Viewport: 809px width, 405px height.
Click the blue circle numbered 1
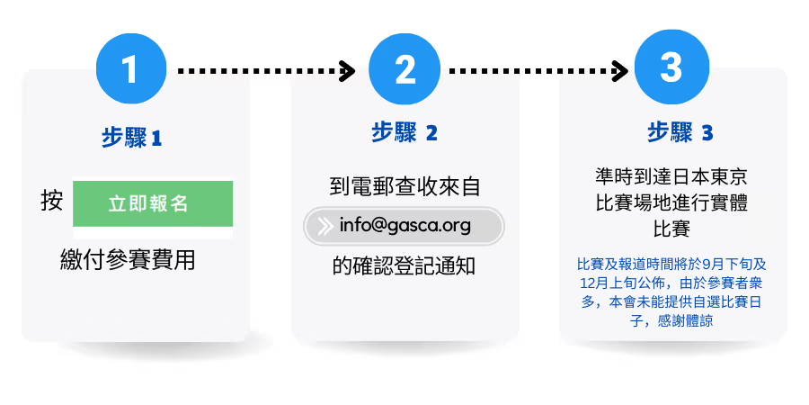[x=131, y=68]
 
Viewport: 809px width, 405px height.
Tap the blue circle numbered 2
[x=404, y=68]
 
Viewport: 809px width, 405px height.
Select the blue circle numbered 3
[x=671, y=67]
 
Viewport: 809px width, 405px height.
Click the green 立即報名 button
[x=153, y=203]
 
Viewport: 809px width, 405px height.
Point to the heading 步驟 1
[x=131, y=138]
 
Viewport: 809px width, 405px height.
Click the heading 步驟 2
[x=404, y=133]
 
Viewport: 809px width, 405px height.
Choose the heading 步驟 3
[x=680, y=133]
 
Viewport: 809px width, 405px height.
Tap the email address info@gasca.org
[x=405, y=226]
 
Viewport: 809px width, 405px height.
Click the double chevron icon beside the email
[x=324, y=226]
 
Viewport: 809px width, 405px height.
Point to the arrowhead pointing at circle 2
[x=347, y=71]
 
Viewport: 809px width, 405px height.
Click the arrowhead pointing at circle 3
[x=619, y=71]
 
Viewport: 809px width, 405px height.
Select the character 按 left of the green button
[x=51, y=201]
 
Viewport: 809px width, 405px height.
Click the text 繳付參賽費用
[x=128, y=259]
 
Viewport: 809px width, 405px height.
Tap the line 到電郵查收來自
[x=405, y=186]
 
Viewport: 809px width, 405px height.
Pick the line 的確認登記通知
[x=404, y=266]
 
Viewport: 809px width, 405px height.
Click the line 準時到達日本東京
[x=671, y=177]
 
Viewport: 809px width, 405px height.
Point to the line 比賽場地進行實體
[x=671, y=203]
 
